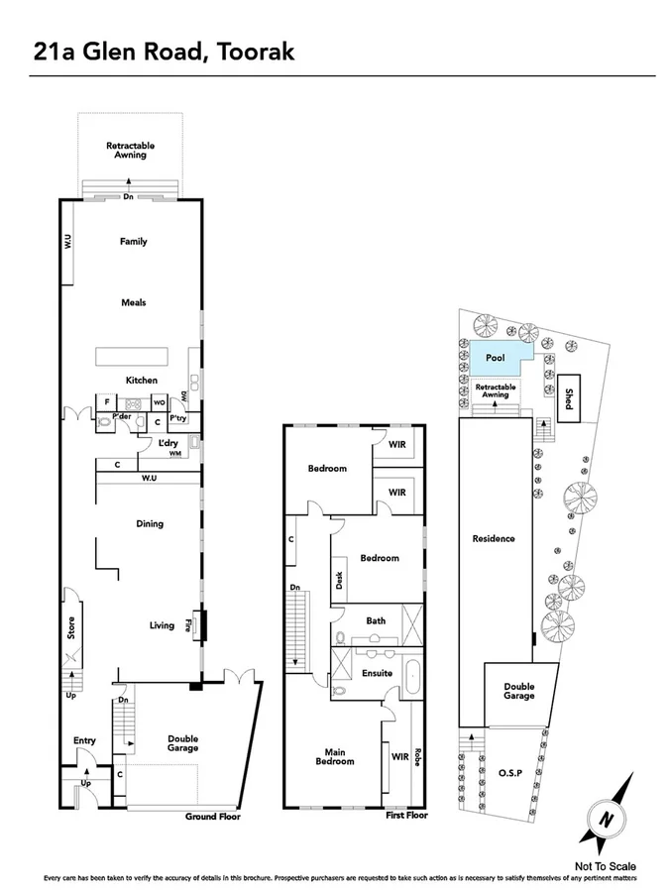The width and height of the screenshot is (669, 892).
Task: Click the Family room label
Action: pyautogui.click(x=133, y=241)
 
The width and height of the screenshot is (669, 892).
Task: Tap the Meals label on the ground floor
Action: pyautogui.click(x=133, y=302)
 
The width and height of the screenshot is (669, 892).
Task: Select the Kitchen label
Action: pyautogui.click(x=140, y=380)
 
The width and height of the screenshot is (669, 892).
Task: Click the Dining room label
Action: pyautogui.click(x=149, y=523)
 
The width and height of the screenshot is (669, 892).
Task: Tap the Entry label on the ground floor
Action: pyautogui.click(x=84, y=740)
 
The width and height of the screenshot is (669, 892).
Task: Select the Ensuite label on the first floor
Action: pyautogui.click(x=377, y=673)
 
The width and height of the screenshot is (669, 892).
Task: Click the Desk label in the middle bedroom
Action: pyautogui.click(x=339, y=582)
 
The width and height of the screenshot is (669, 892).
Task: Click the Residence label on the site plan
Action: pyautogui.click(x=494, y=538)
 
